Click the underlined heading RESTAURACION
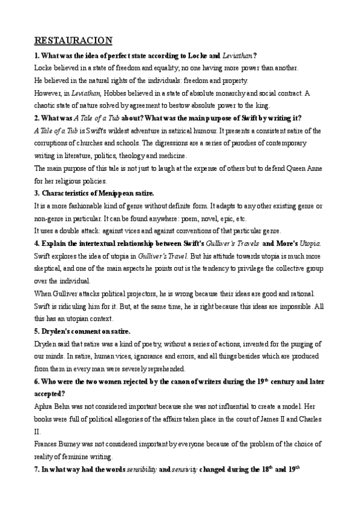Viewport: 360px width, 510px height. point(73,41)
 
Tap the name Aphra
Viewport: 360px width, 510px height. point(44,406)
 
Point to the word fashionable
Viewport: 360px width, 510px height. point(83,206)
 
